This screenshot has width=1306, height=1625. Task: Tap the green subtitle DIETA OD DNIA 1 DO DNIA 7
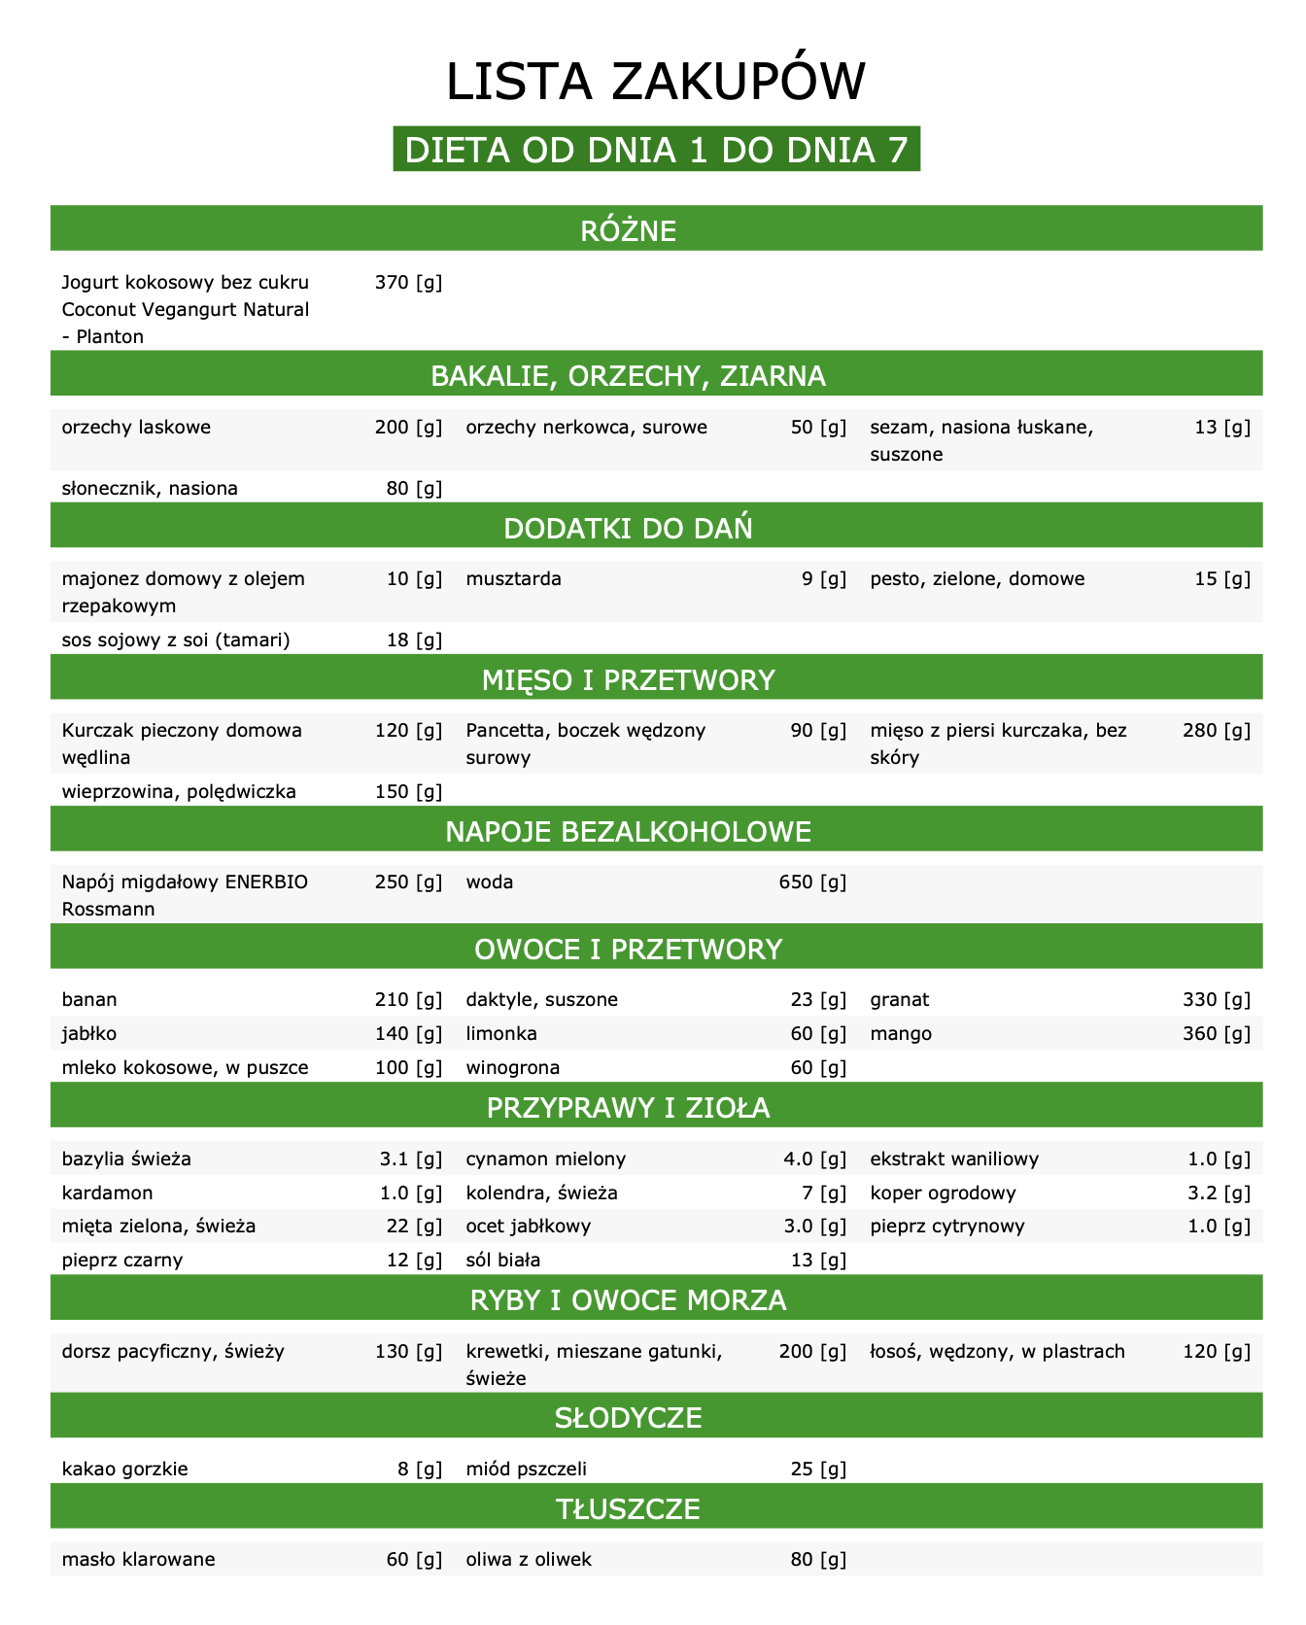point(656,150)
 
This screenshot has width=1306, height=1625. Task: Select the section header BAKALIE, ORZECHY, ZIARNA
point(628,375)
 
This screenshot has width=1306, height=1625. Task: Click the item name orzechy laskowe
point(136,428)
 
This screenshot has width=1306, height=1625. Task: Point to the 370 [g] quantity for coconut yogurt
point(408,283)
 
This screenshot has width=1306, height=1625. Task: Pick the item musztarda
point(513,579)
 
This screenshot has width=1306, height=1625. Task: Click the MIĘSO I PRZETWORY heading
point(628,679)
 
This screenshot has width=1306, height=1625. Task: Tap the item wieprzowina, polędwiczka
point(179,791)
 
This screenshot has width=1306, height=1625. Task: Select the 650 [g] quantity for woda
point(812,882)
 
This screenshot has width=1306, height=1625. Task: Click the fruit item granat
point(900,999)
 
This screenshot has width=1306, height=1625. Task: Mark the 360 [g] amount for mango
point(1217,1033)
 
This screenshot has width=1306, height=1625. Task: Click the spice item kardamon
point(107,1193)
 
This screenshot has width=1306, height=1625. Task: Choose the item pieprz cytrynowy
point(947,1226)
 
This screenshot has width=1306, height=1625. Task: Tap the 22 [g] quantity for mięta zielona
point(414,1226)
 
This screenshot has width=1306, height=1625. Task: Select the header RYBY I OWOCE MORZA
point(628,1300)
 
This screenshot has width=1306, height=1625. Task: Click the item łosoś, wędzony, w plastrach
point(998,1351)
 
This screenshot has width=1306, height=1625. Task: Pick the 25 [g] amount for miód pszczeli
point(818,1469)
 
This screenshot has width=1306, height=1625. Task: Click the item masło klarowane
point(138,1560)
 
